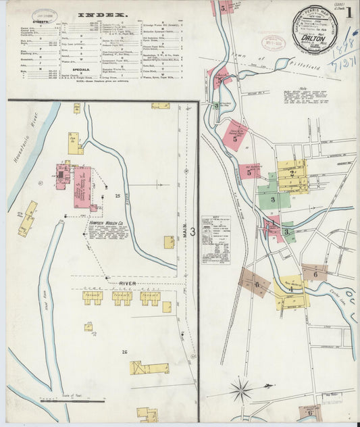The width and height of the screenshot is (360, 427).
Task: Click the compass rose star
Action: coord(240,390)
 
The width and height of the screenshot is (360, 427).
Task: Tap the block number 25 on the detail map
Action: coord(118,196)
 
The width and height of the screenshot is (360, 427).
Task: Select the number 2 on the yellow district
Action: coord(292,174)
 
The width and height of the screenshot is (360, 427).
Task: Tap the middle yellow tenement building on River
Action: coord(122,297)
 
